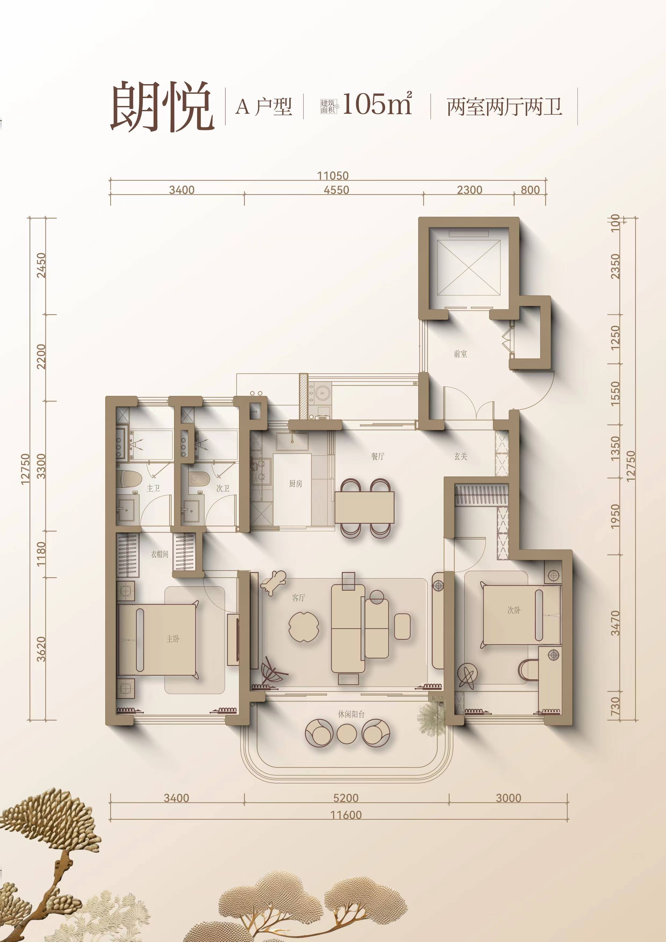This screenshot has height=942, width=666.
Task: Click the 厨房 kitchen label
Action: pyautogui.click(x=295, y=484)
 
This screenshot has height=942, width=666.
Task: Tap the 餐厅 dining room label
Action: pyautogui.click(x=378, y=456)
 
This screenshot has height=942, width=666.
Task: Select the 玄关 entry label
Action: pyautogui.click(x=461, y=456)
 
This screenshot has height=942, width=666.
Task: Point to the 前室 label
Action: pyautogui.click(x=461, y=354)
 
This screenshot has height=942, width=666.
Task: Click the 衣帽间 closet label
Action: pyautogui.click(x=159, y=554)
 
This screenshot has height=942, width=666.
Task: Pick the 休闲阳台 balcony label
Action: pyautogui.click(x=351, y=714)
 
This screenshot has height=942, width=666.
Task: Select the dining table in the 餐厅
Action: pyautogui.click(x=364, y=507)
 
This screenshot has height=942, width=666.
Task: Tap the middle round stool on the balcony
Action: pyautogui.click(x=347, y=734)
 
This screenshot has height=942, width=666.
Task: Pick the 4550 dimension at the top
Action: pyautogui.click(x=336, y=190)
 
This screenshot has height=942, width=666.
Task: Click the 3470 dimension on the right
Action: pyautogui.click(x=616, y=623)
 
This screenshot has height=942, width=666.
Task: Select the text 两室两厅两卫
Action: pyautogui.click(x=504, y=107)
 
